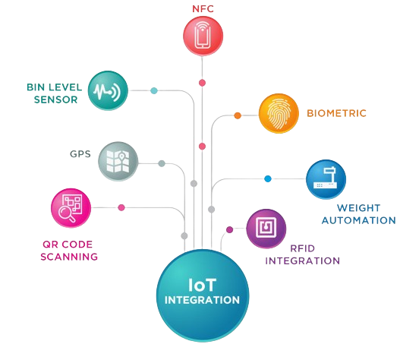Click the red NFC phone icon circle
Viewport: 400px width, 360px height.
[203, 36]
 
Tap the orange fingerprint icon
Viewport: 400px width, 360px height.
[279, 113]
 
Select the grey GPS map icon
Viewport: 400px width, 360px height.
[118, 161]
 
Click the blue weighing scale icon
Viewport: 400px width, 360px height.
[326, 179]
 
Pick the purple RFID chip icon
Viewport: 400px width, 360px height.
[266, 229]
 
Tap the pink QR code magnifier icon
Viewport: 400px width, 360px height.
[71, 208]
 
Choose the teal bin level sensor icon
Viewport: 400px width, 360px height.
[108, 90]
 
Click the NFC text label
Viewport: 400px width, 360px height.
[203, 9]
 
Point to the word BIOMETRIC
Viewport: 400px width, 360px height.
[336, 113]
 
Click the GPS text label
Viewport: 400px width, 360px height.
[80, 154]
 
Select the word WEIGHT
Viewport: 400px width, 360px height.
[359, 208]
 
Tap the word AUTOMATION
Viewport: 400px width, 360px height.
[359, 220]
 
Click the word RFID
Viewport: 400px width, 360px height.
[303, 248]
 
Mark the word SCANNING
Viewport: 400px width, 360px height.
[69, 257]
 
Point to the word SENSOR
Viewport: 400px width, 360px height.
[55, 99]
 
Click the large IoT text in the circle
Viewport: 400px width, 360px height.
[203, 285]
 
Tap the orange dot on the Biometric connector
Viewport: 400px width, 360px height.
[238, 115]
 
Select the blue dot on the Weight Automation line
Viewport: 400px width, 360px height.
[268, 178]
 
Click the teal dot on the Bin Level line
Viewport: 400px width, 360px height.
[154, 90]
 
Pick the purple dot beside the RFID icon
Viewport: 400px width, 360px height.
[229, 230]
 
